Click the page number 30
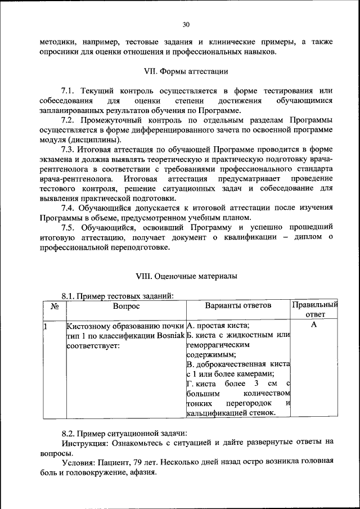click(186, 24)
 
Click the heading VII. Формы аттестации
click(186, 71)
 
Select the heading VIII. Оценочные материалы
click(186, 276)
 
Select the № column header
click(55, 307)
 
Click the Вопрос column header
click(125, 306)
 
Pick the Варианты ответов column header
click(238, 305)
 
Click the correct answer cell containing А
click(314, 325)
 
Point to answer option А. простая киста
click(218, 326)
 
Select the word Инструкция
click(84, 442)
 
